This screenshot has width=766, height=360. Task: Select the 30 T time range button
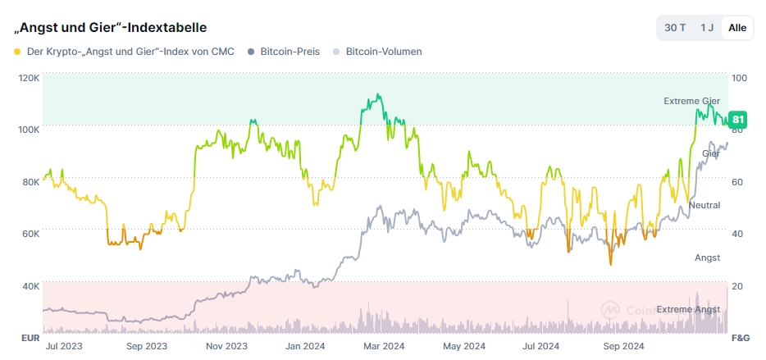pos(675,28)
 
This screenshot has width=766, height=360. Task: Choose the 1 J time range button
pos(706,28)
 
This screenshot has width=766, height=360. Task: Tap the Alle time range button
pos(737,28)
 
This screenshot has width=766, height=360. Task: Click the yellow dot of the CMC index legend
pos(17,52)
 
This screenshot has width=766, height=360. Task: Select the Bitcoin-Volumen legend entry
pos(383,52)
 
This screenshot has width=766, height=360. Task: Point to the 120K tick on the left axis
pos(29,78)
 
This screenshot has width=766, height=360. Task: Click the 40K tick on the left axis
pos(30,286)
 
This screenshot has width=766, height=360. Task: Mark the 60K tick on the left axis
pos(30,234)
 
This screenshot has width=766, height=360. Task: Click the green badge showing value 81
pos(738,119)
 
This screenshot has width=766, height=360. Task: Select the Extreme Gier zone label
pos(691,101)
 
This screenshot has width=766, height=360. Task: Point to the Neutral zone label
pos(704,205)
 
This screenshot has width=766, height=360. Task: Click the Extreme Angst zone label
pos(688,309)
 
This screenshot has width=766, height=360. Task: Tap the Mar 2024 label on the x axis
pos(383,347)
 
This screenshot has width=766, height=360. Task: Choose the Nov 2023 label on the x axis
pos(226,347)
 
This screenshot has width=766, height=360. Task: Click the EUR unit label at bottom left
pos(30,338)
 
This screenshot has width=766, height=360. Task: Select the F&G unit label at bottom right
pos(740,338)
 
